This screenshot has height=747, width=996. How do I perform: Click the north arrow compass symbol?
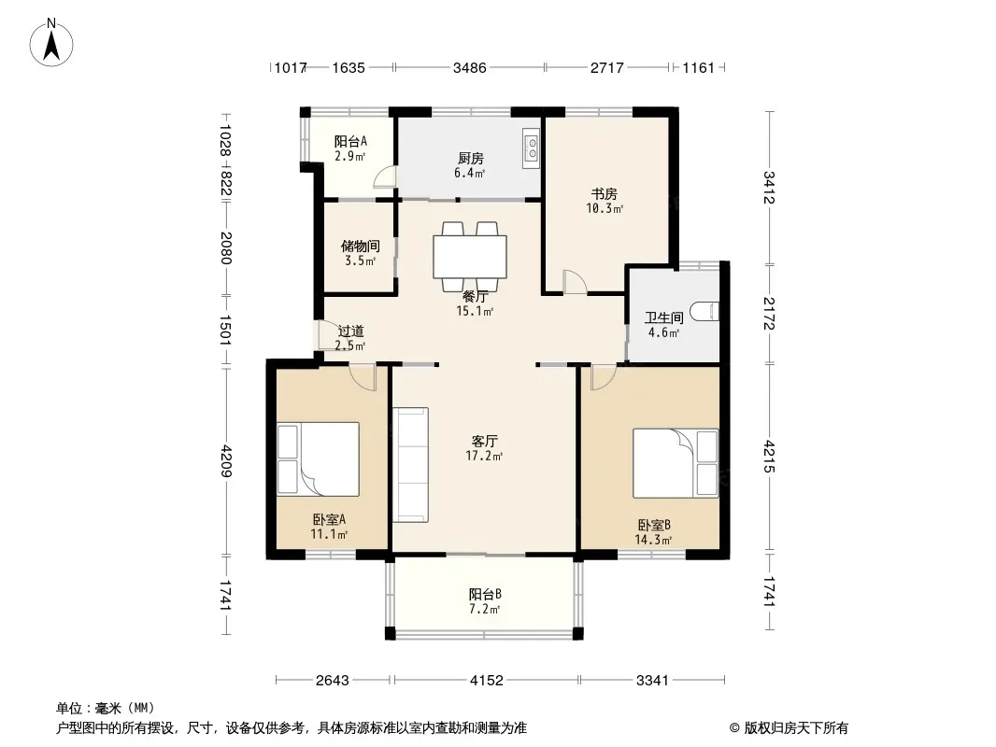point(51,43)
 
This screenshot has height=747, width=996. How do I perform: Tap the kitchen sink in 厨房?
point(531,148)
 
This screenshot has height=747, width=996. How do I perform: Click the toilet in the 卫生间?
point(704,311)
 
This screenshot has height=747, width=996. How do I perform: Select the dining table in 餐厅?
point(470,257)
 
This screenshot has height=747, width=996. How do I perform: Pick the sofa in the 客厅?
point(410,465)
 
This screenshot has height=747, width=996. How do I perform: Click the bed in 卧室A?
point(319,458)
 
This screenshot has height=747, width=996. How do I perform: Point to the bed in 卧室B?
point(676,463)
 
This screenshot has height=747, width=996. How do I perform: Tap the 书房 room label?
point(605,193)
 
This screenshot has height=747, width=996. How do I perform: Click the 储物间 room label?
point(360,246)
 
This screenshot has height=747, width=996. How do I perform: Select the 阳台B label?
point(485,594)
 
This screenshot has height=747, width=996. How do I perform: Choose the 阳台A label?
point(350,142)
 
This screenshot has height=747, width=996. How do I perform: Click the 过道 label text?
point(350,331)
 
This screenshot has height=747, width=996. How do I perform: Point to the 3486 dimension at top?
point(469,67)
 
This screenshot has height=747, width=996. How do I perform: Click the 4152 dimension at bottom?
point(487,681)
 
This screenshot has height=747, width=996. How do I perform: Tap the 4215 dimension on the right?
point(769,457)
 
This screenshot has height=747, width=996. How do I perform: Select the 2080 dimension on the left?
point(225,248)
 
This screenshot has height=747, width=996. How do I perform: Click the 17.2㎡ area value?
point(484,456)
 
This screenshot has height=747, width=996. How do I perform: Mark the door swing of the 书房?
point(574,282)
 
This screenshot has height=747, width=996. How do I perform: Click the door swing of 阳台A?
point(384,177)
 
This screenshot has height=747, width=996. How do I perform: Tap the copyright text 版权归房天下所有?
point(796,728)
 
